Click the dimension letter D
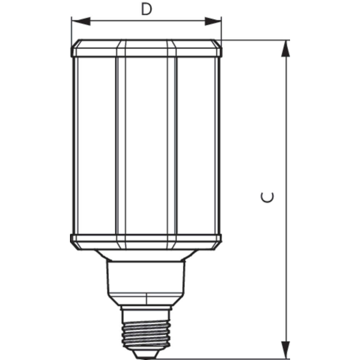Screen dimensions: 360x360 point(146,9)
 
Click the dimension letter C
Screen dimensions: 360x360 point(267,197)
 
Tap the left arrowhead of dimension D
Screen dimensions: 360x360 point(81,21)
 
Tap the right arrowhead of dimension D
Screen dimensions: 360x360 point(213,21)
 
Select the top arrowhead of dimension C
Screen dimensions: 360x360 point(285,48)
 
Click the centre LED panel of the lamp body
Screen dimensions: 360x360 point(146,146)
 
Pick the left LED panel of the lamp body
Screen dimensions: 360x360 point(97,146)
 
